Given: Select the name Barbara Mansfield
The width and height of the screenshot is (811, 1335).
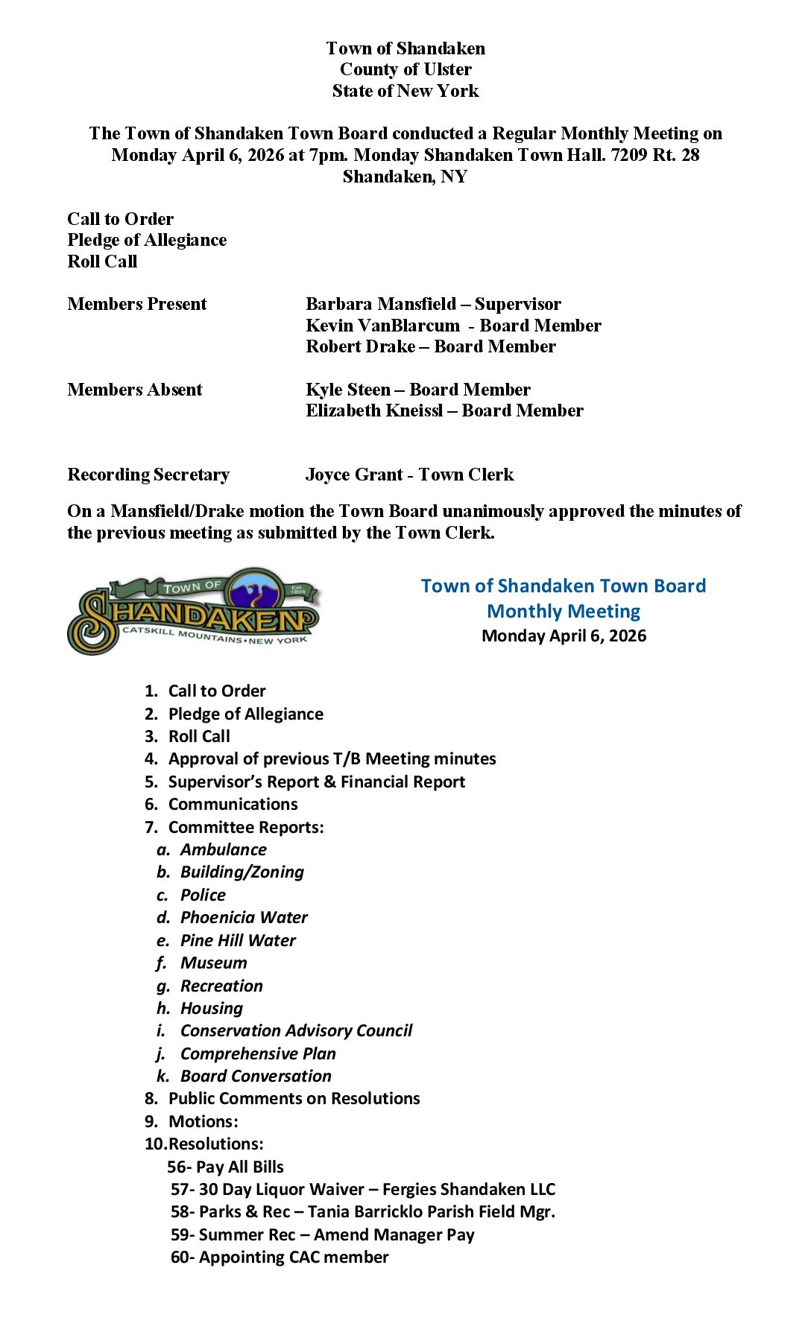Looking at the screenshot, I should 380,304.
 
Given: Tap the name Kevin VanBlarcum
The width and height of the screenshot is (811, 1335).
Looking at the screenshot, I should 382,326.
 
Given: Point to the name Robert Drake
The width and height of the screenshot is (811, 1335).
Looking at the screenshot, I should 361,346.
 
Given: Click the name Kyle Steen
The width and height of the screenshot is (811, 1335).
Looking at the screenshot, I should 348,390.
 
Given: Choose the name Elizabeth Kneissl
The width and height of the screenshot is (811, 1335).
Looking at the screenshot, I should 374,410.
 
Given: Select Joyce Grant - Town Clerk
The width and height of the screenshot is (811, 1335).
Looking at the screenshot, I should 409,475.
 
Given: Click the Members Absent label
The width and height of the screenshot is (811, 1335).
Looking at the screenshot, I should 135,390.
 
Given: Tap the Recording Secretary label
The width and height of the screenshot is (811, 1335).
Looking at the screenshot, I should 148,475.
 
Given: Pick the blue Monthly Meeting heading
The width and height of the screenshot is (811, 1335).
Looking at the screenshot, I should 564,611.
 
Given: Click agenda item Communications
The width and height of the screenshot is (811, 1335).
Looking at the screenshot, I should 233,804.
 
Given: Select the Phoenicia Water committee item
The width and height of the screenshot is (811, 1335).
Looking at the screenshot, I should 244,917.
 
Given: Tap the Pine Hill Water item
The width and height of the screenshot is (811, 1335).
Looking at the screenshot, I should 238,940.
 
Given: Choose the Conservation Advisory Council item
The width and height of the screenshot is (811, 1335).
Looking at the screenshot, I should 296,1030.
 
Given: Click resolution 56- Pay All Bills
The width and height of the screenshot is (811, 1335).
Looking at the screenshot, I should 225,1167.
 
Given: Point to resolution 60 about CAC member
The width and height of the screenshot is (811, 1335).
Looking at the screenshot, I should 280,1257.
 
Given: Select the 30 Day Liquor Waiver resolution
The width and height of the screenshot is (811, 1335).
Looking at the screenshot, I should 363,1189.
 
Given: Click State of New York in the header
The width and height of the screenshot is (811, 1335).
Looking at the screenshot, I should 405,91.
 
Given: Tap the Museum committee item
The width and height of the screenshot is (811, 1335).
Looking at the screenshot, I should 213,963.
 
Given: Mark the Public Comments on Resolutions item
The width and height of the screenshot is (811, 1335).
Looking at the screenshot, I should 294,1098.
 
